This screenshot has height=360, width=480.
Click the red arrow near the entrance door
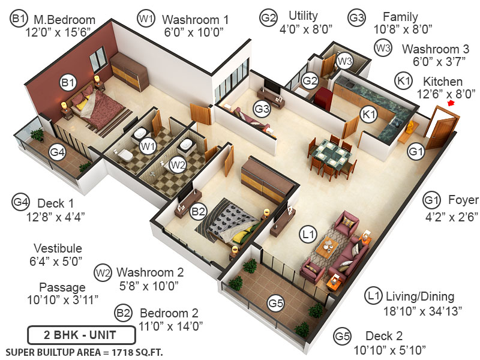point(452,103)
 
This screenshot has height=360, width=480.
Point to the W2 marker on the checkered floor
point(176,163)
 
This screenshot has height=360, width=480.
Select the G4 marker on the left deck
point(58,152)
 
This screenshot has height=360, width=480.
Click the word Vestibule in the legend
point(58,248)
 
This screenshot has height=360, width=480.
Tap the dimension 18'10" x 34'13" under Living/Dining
point(419,311)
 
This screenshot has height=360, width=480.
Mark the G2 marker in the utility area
point(310,80)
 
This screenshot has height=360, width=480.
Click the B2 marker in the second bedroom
point(198,211)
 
